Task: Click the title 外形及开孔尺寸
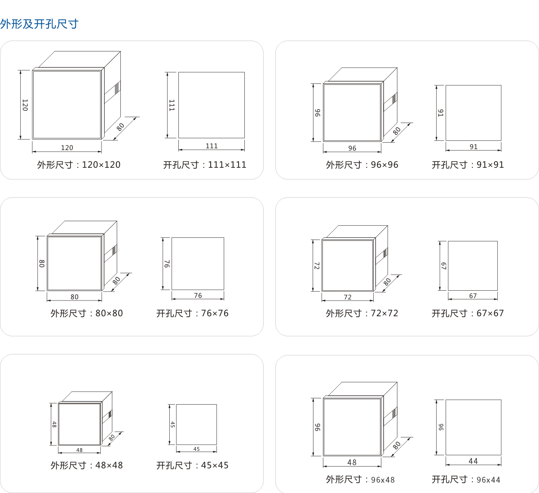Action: click(x=39, y=24)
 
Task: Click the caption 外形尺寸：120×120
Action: click(x=79, y=165)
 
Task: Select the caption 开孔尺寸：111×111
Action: click(x=205, y=165)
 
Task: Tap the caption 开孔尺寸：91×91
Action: click(x=468, y=165)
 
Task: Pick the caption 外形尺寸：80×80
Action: click(x=87, y=313)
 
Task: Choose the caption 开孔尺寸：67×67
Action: click(x=468, y=313)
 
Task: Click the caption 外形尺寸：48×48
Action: click(x=87, y=465)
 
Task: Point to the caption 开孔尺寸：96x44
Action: click(x=466, y=480)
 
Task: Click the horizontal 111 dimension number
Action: click(x=212, y=146)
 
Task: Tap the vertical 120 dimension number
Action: click(x=25, y=105)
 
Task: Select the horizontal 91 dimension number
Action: click(x=473, y=147)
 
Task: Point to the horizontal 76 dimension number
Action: click(x=198, y=295)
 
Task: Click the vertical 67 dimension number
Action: click(x=444, y=266)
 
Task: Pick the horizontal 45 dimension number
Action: click(x=196, y=449)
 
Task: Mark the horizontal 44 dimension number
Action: click(x=473, y=461)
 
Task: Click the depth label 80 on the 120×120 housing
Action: click(x=120, y=127)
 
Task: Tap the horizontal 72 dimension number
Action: click(x=347, y=297)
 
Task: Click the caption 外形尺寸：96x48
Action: click(x=360, y=480)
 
